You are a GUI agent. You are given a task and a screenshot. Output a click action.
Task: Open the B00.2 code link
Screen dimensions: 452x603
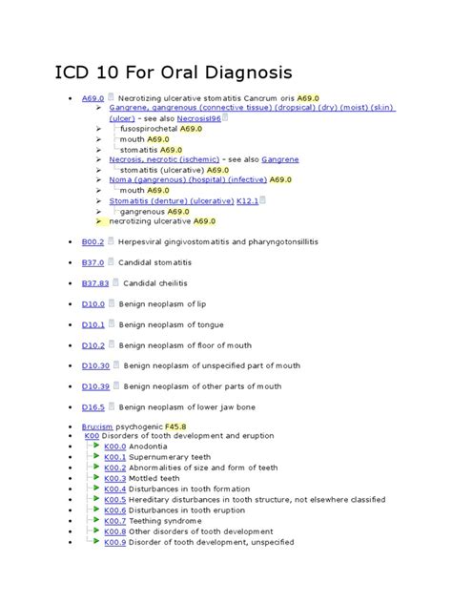point(92,241)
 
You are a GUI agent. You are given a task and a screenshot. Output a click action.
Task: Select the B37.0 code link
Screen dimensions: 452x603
point(92,262)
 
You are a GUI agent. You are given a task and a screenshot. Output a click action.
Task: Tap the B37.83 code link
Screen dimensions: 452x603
point(95,283)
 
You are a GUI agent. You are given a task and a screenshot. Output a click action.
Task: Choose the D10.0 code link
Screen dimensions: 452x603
point(92,303)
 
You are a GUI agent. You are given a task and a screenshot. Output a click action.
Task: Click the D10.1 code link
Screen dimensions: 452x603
point(92,324)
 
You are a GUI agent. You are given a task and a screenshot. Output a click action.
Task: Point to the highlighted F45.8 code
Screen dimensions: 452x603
point(175,426)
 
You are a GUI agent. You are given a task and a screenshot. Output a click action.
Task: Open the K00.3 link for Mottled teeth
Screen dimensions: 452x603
point(115,478)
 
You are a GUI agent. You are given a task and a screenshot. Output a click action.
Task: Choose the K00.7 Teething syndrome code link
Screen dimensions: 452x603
point(115,520)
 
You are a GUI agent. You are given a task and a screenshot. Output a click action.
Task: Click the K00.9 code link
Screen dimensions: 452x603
point(115,541)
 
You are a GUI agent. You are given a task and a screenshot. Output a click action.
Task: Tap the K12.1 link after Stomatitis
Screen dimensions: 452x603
point(247,200)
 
